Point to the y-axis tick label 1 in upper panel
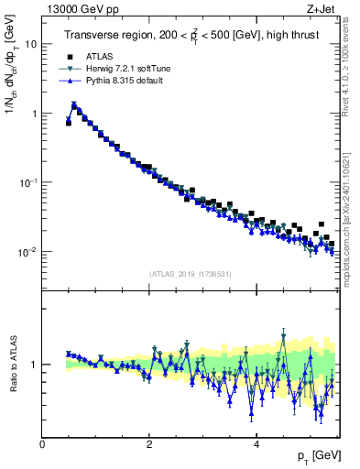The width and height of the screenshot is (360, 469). (35, 114)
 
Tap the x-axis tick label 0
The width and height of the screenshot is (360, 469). (43, 443)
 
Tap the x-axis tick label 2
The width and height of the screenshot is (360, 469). (149, 443)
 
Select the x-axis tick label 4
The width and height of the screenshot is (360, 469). (256, 443)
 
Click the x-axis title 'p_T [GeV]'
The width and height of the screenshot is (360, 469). (311, 455)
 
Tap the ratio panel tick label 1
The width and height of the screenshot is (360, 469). (35, 365)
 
